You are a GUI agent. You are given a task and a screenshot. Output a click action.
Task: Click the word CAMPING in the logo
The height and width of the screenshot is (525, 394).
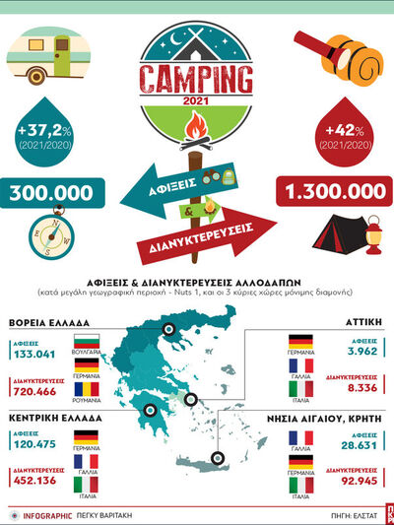(196, 79)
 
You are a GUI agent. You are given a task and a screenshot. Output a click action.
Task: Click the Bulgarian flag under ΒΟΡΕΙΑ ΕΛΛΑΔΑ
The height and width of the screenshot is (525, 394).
(87, 345)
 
